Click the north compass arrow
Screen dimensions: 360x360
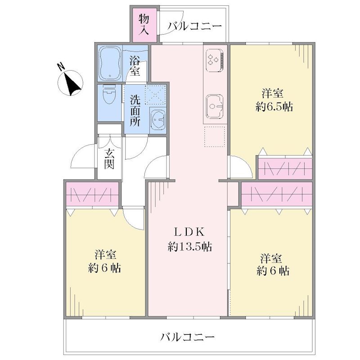[x=73, y=84]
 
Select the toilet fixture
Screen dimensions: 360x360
[x=109, y=96]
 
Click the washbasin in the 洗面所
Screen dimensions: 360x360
[x=157, y=120]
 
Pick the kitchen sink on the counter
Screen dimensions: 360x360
[x=215, y=106]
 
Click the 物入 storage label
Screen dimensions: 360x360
[x=144, y=25]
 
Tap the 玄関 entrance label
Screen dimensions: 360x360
[x=109, y=159]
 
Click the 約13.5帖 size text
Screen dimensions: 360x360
[x=189, y=247]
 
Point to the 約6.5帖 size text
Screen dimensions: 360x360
[x=274, y=107]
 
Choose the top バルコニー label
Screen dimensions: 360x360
[x=195, y=27]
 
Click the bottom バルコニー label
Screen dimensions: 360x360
[x=188, y=337]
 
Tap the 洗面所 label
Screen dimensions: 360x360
[x=135, y=110]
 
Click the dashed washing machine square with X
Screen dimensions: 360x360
[x=155, y=95]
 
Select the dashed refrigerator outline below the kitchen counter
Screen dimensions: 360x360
[x=215, y=137]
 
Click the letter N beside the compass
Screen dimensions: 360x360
[x=61, y=67]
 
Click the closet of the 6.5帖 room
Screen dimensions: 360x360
[x=285, y=168]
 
